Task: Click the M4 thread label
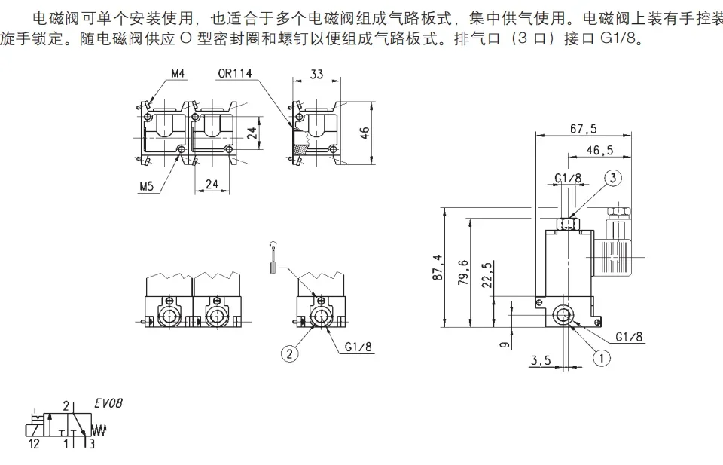pos(178,74)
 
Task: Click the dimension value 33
pos(316,74)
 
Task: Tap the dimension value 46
pos(365,133)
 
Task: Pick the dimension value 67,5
pos(583,128)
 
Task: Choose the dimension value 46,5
pos(599,150)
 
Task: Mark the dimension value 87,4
pos(438,268)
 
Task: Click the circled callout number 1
pos(601,359)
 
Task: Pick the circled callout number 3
pos(614,179)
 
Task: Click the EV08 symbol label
pos(108,403)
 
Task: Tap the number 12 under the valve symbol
pos(33,444)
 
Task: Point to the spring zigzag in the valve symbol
pos(99,430)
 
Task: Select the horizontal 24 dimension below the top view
pos(212,184)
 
